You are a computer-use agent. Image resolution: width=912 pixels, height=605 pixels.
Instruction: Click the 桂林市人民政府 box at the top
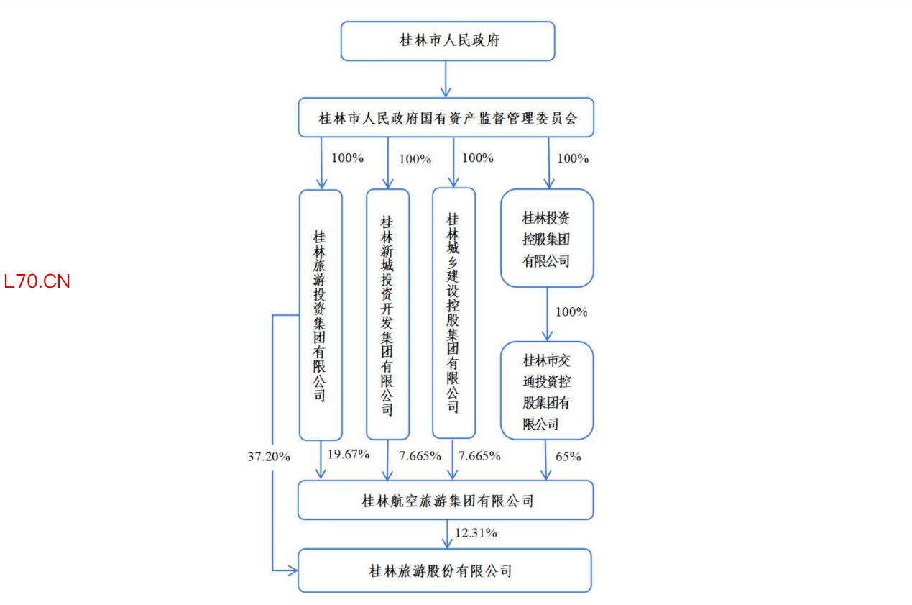447,40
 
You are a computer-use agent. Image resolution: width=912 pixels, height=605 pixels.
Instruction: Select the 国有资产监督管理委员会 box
446,117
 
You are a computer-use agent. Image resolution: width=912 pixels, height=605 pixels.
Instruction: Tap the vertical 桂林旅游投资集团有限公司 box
320,315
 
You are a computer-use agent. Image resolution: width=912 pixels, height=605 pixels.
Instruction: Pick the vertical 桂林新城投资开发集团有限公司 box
387,314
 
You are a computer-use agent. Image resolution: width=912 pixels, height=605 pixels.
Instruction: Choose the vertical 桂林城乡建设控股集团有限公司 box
453,313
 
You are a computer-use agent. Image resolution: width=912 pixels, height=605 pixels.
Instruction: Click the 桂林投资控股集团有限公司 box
546,239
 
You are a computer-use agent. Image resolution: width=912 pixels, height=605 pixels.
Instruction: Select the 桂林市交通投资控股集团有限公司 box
546,391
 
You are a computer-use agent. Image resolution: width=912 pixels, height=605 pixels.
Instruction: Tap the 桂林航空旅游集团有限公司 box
446,500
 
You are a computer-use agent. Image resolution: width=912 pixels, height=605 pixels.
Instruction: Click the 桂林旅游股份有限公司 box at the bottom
444,571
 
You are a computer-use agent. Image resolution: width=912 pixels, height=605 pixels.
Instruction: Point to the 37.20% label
269,456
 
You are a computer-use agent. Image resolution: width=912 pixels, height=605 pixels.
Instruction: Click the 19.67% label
348,454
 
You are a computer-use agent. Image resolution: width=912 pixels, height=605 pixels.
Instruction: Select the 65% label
568,456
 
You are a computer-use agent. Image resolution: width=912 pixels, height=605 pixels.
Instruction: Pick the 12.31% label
476,533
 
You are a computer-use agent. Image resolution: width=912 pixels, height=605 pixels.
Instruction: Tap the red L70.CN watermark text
37,281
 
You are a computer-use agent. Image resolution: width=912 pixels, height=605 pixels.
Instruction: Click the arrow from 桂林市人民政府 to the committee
446,79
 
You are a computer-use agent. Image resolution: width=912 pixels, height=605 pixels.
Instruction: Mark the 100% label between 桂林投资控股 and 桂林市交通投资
571,312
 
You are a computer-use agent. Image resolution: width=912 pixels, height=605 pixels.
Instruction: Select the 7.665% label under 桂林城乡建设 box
479,456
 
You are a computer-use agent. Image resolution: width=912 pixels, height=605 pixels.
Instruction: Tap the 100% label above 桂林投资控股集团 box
573,158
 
